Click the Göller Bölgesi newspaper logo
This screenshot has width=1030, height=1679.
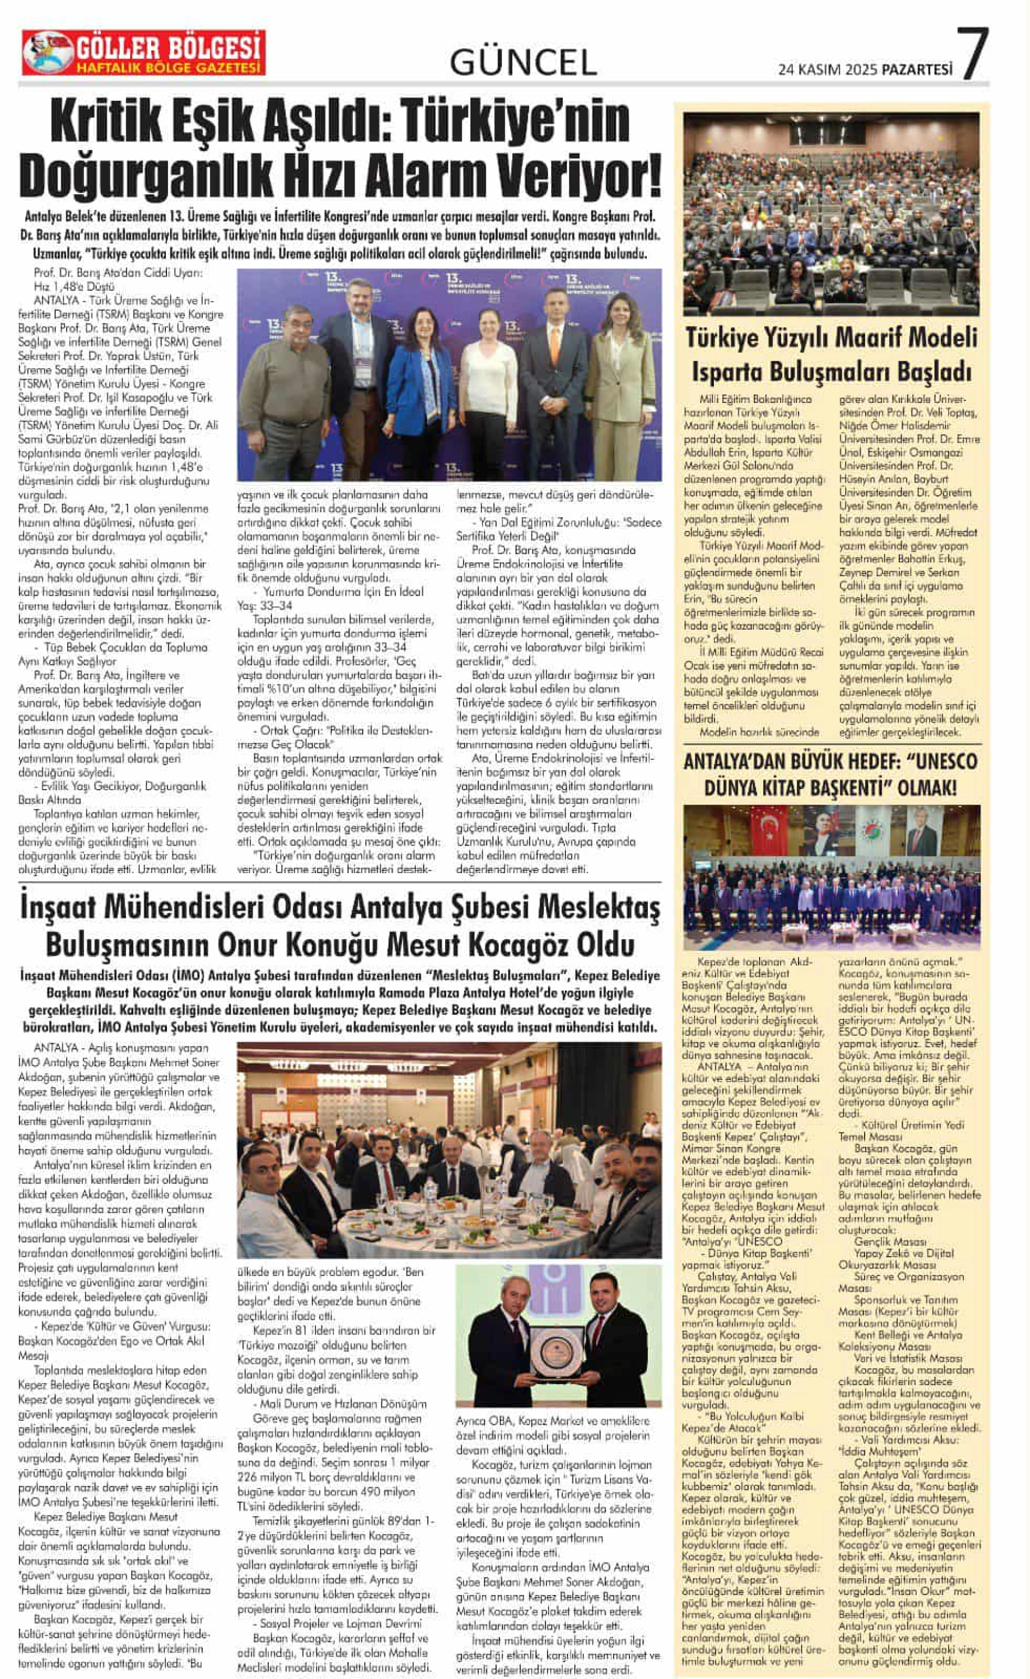click(143, 53)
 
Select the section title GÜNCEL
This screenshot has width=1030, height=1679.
click(523, 63)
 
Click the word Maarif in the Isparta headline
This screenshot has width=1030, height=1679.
click(863, 338)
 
